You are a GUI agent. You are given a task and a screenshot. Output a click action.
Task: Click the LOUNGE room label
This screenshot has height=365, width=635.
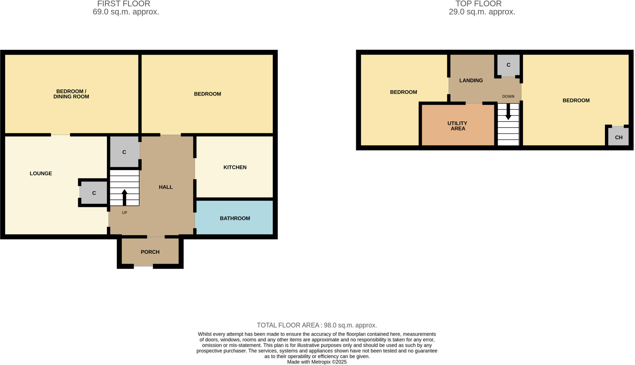tap(41, 173)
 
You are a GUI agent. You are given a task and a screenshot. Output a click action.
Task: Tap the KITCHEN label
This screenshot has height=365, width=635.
tap(235, 167)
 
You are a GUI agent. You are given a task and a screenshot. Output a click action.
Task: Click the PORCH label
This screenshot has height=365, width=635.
tap(150, 252)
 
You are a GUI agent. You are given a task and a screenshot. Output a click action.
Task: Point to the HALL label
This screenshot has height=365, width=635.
tap(166, 187)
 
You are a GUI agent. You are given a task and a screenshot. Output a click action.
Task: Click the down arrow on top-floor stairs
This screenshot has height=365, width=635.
tap(508, 112)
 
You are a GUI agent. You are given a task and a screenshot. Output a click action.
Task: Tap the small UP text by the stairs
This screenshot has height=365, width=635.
tap(124, 213)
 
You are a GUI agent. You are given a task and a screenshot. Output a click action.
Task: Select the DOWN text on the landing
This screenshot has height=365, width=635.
tap(508, 97)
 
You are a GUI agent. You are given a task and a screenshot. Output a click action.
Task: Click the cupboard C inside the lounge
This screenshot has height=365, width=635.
tap(94, 193)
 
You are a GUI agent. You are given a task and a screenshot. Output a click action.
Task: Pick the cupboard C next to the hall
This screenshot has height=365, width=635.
tap(124, 152)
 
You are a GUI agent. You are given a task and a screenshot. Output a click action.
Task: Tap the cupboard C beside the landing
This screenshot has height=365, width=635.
tap(508, 65)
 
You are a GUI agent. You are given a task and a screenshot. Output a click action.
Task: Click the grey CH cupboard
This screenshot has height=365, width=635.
tap(619, 137)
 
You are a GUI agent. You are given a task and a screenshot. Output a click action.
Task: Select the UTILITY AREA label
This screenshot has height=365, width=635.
tap(458, 126)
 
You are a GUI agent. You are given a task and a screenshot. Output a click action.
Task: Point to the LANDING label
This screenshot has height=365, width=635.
tap(471, 80)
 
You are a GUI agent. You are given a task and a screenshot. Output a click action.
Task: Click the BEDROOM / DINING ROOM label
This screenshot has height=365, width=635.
tap(71, 94)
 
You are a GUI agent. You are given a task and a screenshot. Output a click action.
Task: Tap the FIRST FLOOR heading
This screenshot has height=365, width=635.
tap(124, 4)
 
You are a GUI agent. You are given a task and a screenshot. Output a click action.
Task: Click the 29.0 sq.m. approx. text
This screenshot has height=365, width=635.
tap(482, 12)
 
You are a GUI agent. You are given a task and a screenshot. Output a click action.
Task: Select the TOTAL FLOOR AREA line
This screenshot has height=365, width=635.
tap(317, 325)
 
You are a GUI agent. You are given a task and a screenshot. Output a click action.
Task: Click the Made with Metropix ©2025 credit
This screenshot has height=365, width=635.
tap(317, 362)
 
